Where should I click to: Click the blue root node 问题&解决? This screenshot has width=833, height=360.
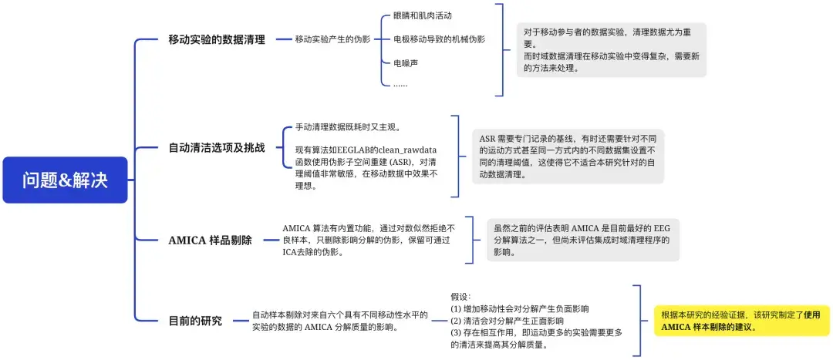65,180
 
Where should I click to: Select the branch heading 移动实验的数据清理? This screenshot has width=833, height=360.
217,39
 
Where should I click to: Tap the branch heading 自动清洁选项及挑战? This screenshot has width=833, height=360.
217,147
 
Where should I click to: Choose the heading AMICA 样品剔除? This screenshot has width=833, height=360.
211,240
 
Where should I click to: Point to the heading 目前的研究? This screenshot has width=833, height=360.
195,321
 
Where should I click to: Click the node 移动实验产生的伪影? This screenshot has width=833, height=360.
332,39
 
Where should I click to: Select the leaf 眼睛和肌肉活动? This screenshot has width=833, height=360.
422,15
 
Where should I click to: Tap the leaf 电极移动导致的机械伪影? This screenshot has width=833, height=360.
439,39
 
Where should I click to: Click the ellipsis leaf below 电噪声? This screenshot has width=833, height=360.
400,84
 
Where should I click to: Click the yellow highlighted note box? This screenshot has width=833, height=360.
741,321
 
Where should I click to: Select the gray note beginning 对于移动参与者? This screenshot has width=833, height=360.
611,50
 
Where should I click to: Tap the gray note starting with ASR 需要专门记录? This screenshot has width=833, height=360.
568,156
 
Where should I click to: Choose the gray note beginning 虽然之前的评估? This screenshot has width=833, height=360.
582,240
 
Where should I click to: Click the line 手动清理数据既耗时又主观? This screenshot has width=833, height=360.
348,127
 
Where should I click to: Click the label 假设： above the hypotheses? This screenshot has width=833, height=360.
460,296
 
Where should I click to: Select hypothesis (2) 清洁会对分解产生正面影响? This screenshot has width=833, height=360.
507,320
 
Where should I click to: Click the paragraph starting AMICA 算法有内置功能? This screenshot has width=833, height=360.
369,240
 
